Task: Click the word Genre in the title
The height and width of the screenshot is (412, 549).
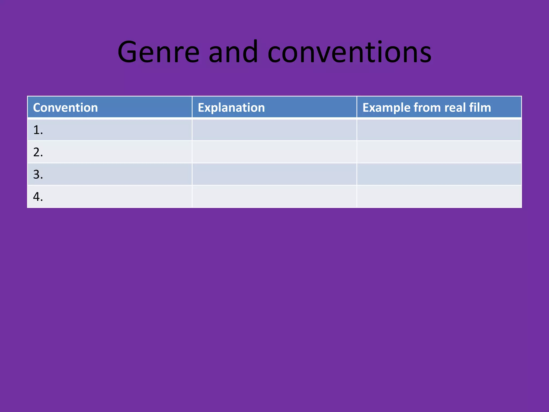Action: [158, 52]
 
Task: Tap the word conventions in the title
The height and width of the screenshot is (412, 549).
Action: [349, 52]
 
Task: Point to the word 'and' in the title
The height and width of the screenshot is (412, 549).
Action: [233, 52]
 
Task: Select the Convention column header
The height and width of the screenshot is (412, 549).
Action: [65, 108]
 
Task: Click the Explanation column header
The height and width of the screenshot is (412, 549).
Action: [231, 108]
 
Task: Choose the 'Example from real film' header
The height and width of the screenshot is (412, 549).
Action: [426, 108]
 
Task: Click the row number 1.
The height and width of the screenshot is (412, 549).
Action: [38, 130]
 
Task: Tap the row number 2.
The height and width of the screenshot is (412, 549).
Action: [38, 152]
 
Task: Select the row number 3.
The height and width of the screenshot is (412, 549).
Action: [38, 175]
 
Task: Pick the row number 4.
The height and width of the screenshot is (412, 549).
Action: [38, 197]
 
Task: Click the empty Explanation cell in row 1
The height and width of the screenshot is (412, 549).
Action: [274, 130]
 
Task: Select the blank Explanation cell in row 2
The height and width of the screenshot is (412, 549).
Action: [274, 152]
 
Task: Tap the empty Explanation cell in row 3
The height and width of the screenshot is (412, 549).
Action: [274, 174]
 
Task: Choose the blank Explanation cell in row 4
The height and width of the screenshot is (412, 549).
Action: [274, 197]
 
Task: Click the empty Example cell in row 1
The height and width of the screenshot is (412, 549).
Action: [439, 130]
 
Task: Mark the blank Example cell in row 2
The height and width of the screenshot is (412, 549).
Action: [439, 152]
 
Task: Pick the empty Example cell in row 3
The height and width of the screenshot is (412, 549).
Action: [439, 174]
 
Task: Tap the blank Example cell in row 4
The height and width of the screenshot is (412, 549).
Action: [439, 197]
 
